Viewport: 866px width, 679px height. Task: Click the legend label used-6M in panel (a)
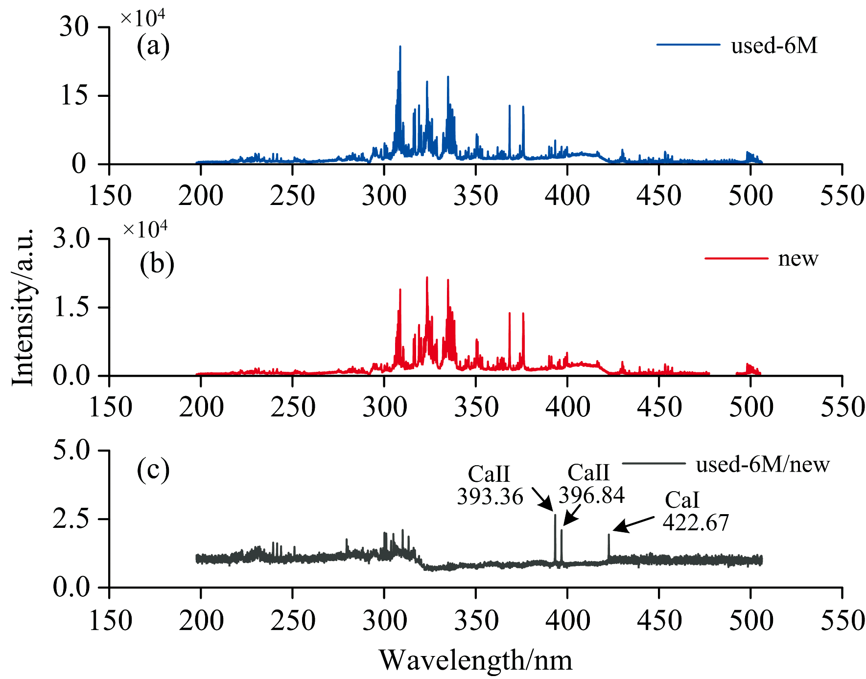pos(774,45)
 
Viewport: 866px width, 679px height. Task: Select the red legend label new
pos(798,258)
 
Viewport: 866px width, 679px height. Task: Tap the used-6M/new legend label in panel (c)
pos(762,464)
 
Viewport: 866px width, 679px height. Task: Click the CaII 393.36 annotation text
pos(490,485)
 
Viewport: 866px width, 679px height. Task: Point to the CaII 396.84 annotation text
pos(591,484)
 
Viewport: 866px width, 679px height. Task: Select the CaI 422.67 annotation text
pos(695,511)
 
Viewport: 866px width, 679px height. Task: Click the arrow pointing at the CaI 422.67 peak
pos(633,524)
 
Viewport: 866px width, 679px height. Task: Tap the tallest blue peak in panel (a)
pos(400,47)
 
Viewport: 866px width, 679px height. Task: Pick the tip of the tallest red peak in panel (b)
pos(427,278)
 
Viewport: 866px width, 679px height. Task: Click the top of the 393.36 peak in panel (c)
pos(555,515)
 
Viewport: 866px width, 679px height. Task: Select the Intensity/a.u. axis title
pos(23,307)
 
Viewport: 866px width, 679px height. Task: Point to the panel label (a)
pos(153,46)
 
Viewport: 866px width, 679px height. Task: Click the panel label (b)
pos(157,264)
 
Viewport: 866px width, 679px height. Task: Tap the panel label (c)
pos(153,470)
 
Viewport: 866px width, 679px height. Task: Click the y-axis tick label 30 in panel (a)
pos(74,27)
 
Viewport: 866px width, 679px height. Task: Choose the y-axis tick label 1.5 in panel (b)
pos(71,307)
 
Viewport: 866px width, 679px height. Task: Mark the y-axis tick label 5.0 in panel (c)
pos(71,450)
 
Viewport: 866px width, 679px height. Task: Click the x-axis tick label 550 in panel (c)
pos(842,620)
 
